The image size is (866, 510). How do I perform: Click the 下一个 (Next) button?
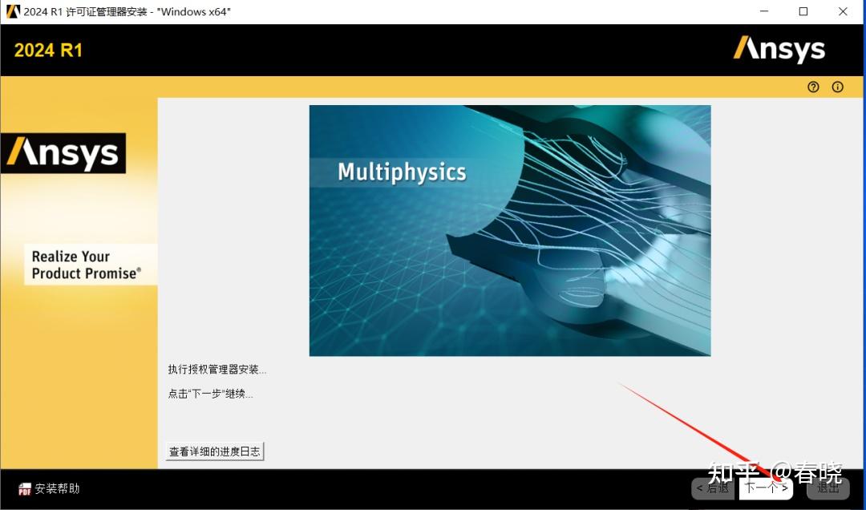pyautogui.click(x=766, y=488)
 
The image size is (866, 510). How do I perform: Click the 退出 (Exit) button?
pyautogui.click(x=828, y=488)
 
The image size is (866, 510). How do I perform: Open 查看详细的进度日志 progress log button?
pyautogui.click(x=215, y=451)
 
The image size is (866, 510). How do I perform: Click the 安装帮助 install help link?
pyautogui.click(x=58, y=488)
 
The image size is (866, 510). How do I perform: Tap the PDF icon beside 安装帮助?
pyautogui.click(x=25, y=489)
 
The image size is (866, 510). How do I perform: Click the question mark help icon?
pyautogui.click(x=814, y=87)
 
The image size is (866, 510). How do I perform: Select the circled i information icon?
pyautogui.click(x=838, y=87)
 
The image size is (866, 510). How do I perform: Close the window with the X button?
pyautogui.click(x=844, y=12)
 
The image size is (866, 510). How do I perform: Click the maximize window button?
pyautogui.click(x=803, y=12)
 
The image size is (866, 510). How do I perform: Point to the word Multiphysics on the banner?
pyautogui.click(x=402, y=172)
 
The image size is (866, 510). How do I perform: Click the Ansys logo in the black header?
pyautogui.click(x=779, y=50)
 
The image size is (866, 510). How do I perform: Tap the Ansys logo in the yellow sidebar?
pyautogui.click(x=63, y=153)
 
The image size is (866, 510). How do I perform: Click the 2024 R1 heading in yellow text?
pyautogui.click(x=48, y=51)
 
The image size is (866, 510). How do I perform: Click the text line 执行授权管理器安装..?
pyautogui.click(x=216, y=370)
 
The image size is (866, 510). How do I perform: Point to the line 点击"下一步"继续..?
pyautogui.click(x=210, y=394)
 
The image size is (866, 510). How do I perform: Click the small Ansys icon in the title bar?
pyautogui.click(x=13, y=12)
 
